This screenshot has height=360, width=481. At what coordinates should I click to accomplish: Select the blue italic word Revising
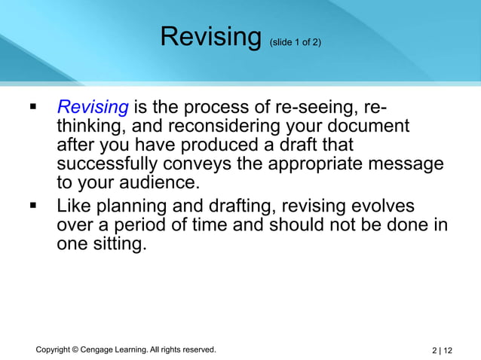[x=93, y=106]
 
